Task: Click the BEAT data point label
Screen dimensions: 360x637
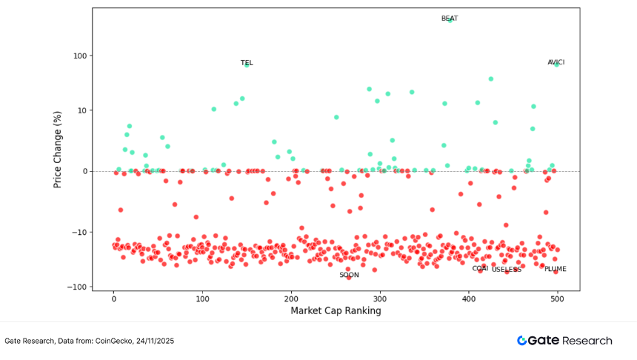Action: [449, 19]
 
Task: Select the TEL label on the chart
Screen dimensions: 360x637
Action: [247, 63]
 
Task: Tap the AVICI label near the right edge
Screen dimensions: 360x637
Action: [556, 62]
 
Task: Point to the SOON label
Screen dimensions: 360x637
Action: [349, 275]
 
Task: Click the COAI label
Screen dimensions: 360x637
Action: [480, 268]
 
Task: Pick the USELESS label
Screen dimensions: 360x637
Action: [507, 270]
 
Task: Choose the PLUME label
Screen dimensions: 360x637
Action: [555, 269]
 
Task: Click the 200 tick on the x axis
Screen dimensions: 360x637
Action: [291, 298]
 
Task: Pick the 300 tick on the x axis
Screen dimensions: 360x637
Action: [380, 298]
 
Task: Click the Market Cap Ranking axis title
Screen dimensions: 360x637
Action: [336, 311]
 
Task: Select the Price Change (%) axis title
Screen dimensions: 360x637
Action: [57, 150]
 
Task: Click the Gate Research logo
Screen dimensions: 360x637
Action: [564, 341]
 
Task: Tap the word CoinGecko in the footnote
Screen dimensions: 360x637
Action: [113, 341]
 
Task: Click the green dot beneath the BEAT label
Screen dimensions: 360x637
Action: [450, 21]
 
